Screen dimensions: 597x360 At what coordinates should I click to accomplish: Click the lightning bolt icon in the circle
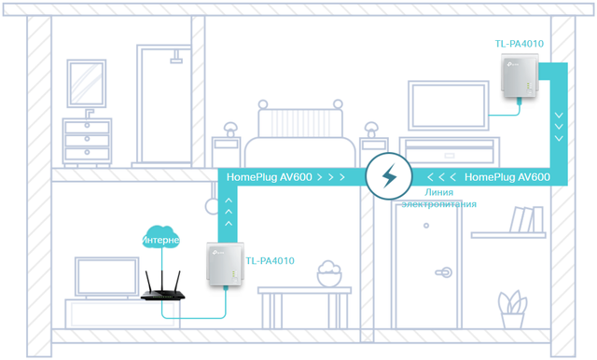389,176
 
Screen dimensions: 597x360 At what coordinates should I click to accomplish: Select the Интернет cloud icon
161,237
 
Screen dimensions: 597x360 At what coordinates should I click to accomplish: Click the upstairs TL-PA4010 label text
520,44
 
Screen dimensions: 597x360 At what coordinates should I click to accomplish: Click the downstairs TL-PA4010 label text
270,261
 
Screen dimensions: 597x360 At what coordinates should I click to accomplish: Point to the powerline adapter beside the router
226,265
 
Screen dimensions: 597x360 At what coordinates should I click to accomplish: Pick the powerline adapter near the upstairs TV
520,76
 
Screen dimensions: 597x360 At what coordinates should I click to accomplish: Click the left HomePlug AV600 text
270,177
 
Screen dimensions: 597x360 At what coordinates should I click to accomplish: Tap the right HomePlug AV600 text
507,177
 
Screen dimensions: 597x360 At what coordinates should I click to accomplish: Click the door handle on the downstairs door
444,272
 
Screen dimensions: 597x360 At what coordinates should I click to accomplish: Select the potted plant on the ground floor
512,310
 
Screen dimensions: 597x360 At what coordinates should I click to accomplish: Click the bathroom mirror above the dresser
87,83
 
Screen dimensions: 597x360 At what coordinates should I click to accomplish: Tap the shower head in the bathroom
176,57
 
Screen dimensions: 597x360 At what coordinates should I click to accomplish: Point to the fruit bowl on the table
329,273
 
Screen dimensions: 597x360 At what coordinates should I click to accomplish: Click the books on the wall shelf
526,219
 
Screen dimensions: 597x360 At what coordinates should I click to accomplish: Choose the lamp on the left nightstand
230,130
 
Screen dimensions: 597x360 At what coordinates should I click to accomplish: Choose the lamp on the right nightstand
371,130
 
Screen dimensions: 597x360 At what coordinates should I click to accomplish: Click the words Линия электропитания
439,199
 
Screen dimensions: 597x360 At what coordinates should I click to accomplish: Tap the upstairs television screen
449,105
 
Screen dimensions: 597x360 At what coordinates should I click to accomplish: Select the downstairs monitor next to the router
107,276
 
